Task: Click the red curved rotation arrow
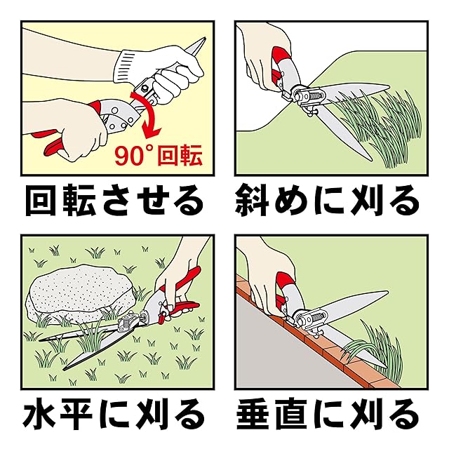149,113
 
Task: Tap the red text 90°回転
159,156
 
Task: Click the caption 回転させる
114,201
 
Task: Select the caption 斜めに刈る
327,201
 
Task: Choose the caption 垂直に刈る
327,415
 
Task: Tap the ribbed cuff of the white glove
126,66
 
